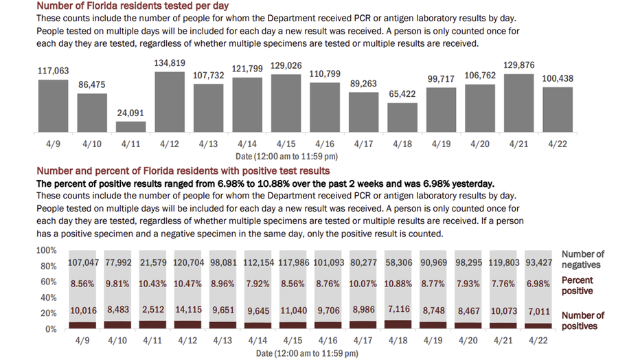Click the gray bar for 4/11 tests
click(x=130, y=127)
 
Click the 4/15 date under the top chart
click(x=286, y=145)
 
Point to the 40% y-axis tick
click(x=47, y=298)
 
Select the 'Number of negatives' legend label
click(x=582, y=260)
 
